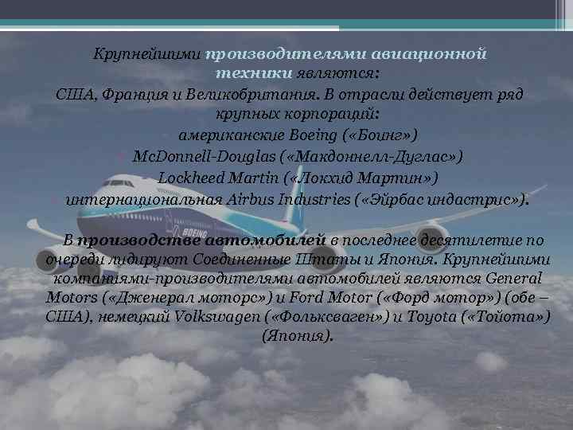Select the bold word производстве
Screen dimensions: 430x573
point(139,240)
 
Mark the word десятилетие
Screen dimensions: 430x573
point(441,240)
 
